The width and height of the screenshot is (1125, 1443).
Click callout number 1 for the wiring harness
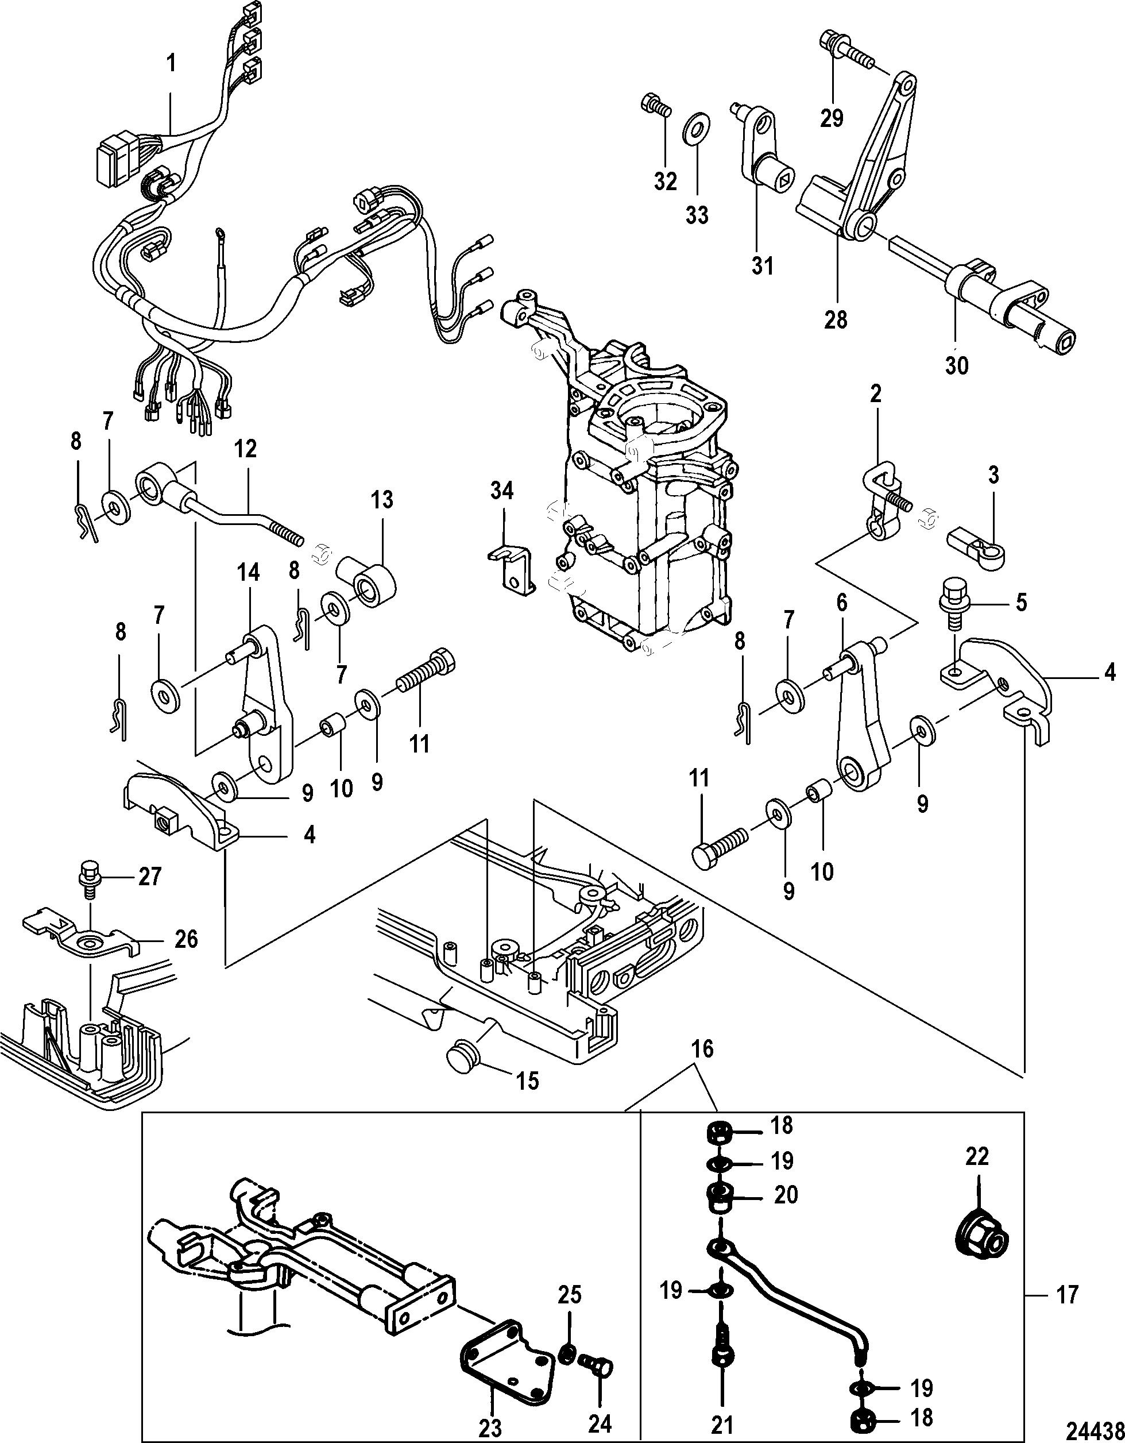[x=171, y=64]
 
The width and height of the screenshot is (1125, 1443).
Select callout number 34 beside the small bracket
[x=502, y=492]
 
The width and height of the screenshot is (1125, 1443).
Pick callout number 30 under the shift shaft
[x=957, y=364]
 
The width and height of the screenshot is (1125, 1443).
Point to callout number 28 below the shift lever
[x=836, y=320]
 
